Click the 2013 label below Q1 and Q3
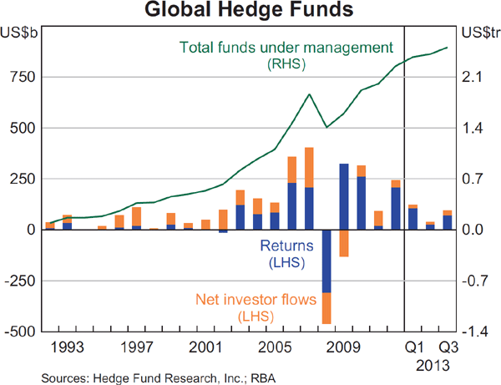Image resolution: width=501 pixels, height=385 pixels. [431, 365]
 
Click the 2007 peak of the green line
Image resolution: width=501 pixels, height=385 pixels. [309, 94]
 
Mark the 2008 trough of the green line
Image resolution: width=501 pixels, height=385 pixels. [326, 127]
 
